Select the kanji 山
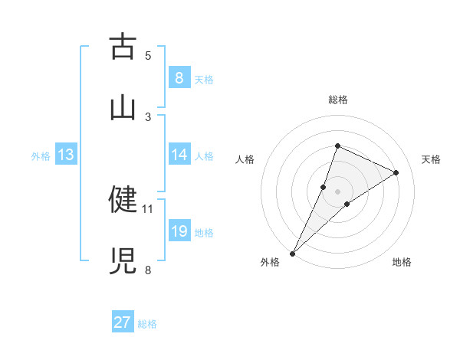tap(123, 106)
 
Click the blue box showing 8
tap(179, 77)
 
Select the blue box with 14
tap(179, 155)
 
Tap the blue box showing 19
tap(179, 231)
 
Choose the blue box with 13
tap(66, 155)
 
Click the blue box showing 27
tap(123, 322)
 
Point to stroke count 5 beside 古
tap(148, 55)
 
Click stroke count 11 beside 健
tap(148, 208)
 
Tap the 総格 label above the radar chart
tap(337, 100)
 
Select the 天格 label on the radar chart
tap(431, 159)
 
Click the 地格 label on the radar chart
tap(402, 262)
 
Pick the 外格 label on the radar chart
tap(270, 262)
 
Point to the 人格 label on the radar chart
tap(245, 159)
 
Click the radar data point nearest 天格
tap(396, 172)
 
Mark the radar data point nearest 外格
tap(292, 253)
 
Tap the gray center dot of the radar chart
tap(337, 191)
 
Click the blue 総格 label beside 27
tap(147, 323)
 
